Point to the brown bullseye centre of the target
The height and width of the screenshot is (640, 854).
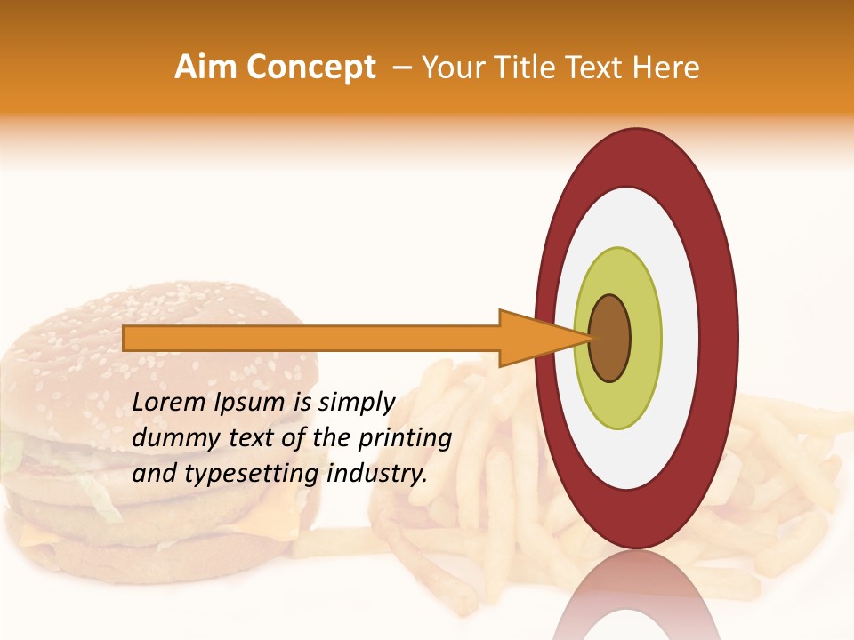pyautogui.click(x=610, y=338)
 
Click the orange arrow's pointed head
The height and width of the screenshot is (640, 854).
pyautogui.click(x=543, y=338)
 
